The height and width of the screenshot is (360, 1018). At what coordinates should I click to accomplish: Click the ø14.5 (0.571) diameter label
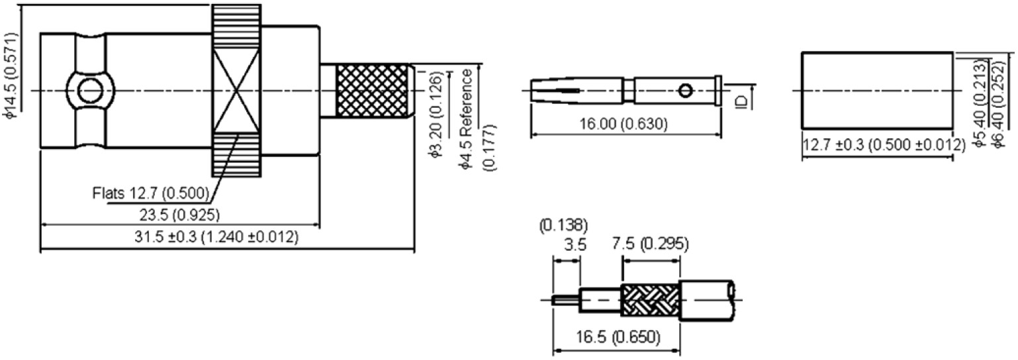[13, 76]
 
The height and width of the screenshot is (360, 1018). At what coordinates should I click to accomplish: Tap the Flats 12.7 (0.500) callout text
[150, 193]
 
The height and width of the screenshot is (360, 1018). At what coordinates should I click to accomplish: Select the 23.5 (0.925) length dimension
[179, 214]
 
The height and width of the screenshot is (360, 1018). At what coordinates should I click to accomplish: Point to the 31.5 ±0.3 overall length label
[216, 236]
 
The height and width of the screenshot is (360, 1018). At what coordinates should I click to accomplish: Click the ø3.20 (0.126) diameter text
[436, 114]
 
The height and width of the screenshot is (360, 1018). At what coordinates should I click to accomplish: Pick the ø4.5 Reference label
[466, 120]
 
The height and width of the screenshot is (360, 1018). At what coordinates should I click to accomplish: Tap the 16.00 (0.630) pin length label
[623, 123]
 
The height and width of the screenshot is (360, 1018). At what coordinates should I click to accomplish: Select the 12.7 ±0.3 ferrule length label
[883, 145]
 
